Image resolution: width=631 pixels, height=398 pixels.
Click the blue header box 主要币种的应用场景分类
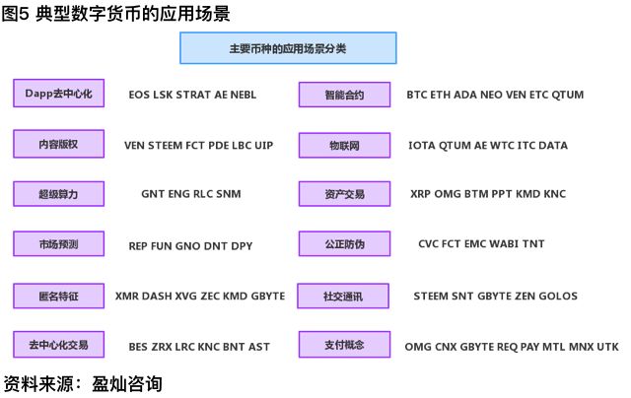coord(288,48)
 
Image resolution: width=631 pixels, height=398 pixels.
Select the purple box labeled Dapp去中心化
coord(59,94)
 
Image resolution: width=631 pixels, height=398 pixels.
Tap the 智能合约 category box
coord(344,95)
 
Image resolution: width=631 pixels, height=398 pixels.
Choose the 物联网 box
coord(344,145)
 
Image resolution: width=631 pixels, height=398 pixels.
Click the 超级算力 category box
coord(59,194)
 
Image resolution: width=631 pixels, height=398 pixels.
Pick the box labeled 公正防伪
coord(344,243)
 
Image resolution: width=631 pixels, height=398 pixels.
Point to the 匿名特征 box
coord(59,296)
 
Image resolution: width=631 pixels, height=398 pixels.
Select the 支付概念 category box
coord(344,345)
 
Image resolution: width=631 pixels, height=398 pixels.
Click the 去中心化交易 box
coord(59,345)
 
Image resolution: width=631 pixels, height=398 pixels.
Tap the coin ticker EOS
coord(139,95)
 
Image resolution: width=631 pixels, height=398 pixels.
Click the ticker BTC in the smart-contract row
coord(416,95)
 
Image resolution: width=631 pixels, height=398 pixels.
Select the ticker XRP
coord(420,194)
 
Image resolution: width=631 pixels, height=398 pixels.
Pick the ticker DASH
coord(157,296)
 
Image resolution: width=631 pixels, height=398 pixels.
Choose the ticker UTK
coord(607,347)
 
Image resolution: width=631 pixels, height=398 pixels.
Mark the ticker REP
coord(138,246)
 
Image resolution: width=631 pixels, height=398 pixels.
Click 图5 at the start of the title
coord(16,13)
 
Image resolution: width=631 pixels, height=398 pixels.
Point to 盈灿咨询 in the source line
coord(127,384)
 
